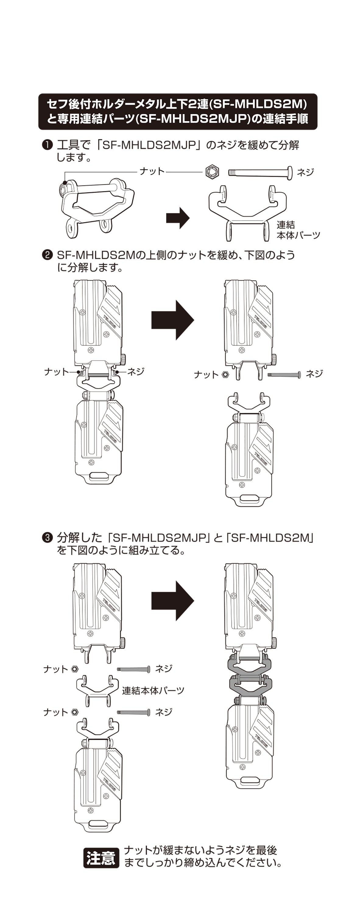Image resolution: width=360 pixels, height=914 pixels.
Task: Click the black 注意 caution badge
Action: click(101, 858)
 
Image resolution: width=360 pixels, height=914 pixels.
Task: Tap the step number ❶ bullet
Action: click(47, 145)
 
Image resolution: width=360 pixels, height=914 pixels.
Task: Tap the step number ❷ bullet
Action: click(47, 255)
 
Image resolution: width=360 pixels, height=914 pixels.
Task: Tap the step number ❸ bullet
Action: click(47, 537)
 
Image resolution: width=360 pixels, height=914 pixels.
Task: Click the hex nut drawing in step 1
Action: click(212, 172)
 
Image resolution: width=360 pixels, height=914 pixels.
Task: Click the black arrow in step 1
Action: click(178, 218)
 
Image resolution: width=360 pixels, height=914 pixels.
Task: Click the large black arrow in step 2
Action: click(173, 320)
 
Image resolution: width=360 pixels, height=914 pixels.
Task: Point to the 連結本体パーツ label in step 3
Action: click(153, 690)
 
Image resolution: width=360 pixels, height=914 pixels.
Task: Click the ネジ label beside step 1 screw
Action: click(305, 172)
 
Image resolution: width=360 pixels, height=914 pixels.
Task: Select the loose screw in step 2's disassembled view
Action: click(284, 374)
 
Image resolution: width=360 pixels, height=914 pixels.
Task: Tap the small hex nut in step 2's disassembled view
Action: click(225, 374)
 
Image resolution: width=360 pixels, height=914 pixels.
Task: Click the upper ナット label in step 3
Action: click(55, 669)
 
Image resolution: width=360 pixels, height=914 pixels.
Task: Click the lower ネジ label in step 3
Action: click(164, 712)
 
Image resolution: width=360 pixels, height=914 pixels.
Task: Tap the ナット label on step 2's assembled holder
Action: click(56, 372)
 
